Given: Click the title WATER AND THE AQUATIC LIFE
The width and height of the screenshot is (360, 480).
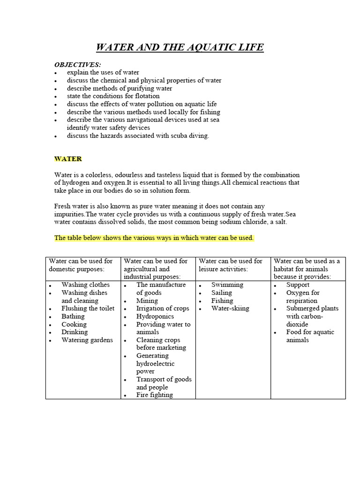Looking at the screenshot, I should point(180,47).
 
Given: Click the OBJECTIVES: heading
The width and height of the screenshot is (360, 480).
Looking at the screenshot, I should point(77,64).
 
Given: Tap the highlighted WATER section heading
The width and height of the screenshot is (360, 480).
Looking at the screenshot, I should point(68,159).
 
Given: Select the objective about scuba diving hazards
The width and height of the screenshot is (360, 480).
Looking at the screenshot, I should point(138,136).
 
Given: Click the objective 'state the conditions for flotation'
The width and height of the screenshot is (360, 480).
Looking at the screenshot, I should point(113,96).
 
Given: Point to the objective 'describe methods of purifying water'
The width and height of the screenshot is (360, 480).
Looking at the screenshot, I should point(119,88).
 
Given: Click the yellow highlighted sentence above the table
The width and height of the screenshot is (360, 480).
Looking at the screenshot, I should point(154,238).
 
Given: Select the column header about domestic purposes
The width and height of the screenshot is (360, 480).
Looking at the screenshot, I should point(81,265).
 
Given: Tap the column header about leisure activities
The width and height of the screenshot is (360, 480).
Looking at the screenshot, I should point(230,265).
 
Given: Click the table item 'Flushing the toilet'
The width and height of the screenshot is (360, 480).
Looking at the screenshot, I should point(88,308).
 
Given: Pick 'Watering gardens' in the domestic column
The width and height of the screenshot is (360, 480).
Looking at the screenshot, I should point(87,340).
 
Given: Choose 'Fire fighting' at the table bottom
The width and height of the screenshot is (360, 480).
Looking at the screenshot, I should point(155,395).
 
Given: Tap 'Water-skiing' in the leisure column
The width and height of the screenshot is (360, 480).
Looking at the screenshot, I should point(230,308).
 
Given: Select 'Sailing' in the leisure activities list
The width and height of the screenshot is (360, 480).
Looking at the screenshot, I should point(221,292).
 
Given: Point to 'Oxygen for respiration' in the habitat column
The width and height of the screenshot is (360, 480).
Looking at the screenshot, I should point(302,296).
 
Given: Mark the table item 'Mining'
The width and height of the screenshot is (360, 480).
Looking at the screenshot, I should point(147,300).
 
